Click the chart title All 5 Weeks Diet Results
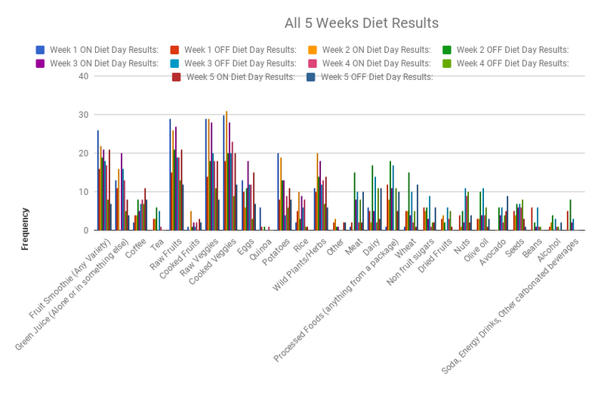pos(361,23)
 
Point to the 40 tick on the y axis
pos(85,76)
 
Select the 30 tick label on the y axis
pos(85,115)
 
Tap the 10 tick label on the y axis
pos(85,192)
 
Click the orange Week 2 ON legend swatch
pos(312,50)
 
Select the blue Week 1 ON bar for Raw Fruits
pos(170,174)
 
